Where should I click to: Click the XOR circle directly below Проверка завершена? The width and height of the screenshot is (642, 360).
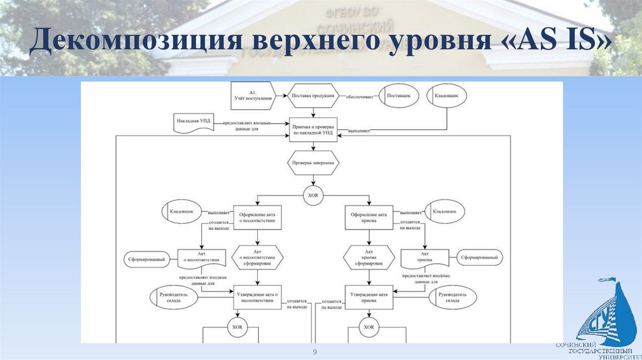(x=313, y=195)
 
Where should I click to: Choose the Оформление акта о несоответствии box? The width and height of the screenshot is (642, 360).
(x=256, y=218)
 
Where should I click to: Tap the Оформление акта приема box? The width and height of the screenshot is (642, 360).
(x=369, y=218)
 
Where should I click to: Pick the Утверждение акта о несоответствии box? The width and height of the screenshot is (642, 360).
(x=256, y=297)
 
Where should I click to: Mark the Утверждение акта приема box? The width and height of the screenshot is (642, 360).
(x=369, y=297)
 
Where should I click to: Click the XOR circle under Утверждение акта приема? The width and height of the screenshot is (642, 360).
(x=369, y=327)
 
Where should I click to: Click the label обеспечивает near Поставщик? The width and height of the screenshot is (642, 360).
(x=361, y=97)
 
